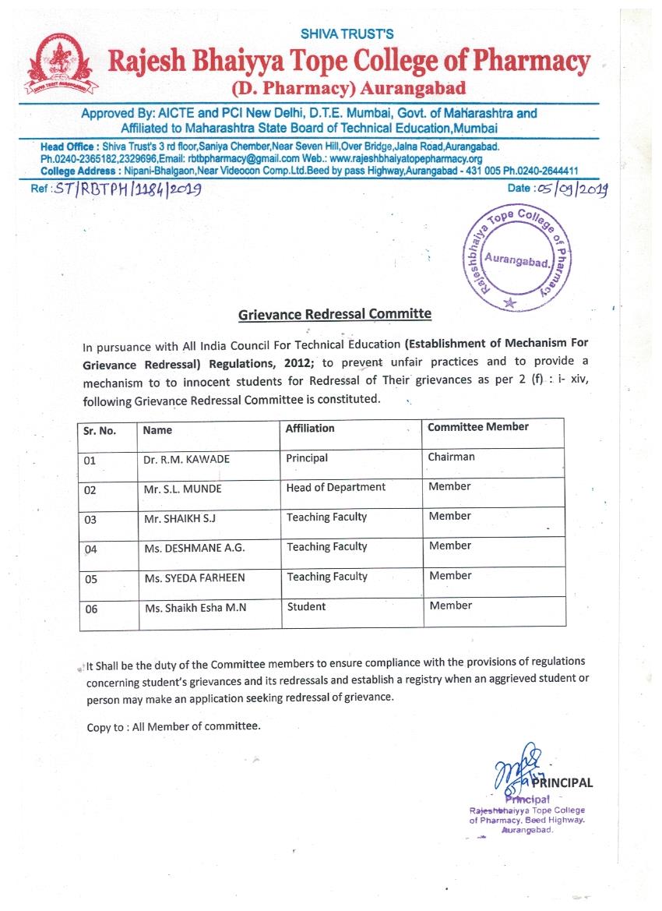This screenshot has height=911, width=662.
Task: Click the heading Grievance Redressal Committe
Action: tap(334, 314)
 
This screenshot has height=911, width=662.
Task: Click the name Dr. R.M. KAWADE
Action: tap(186, 460)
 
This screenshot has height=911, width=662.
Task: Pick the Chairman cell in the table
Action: tap(451, 457)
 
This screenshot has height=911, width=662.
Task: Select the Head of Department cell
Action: tap(336, 488)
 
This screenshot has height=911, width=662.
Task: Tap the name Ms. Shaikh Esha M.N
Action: tap(195, 608)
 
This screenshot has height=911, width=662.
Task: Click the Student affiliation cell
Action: tap(306, 606)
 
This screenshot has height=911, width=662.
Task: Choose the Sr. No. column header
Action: tap(100, 430)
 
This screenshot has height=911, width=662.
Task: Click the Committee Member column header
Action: tap(477, 427)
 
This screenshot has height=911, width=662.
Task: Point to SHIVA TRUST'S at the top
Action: tap(347, 34)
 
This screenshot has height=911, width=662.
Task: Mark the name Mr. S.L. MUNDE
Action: tap(182, 489)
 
